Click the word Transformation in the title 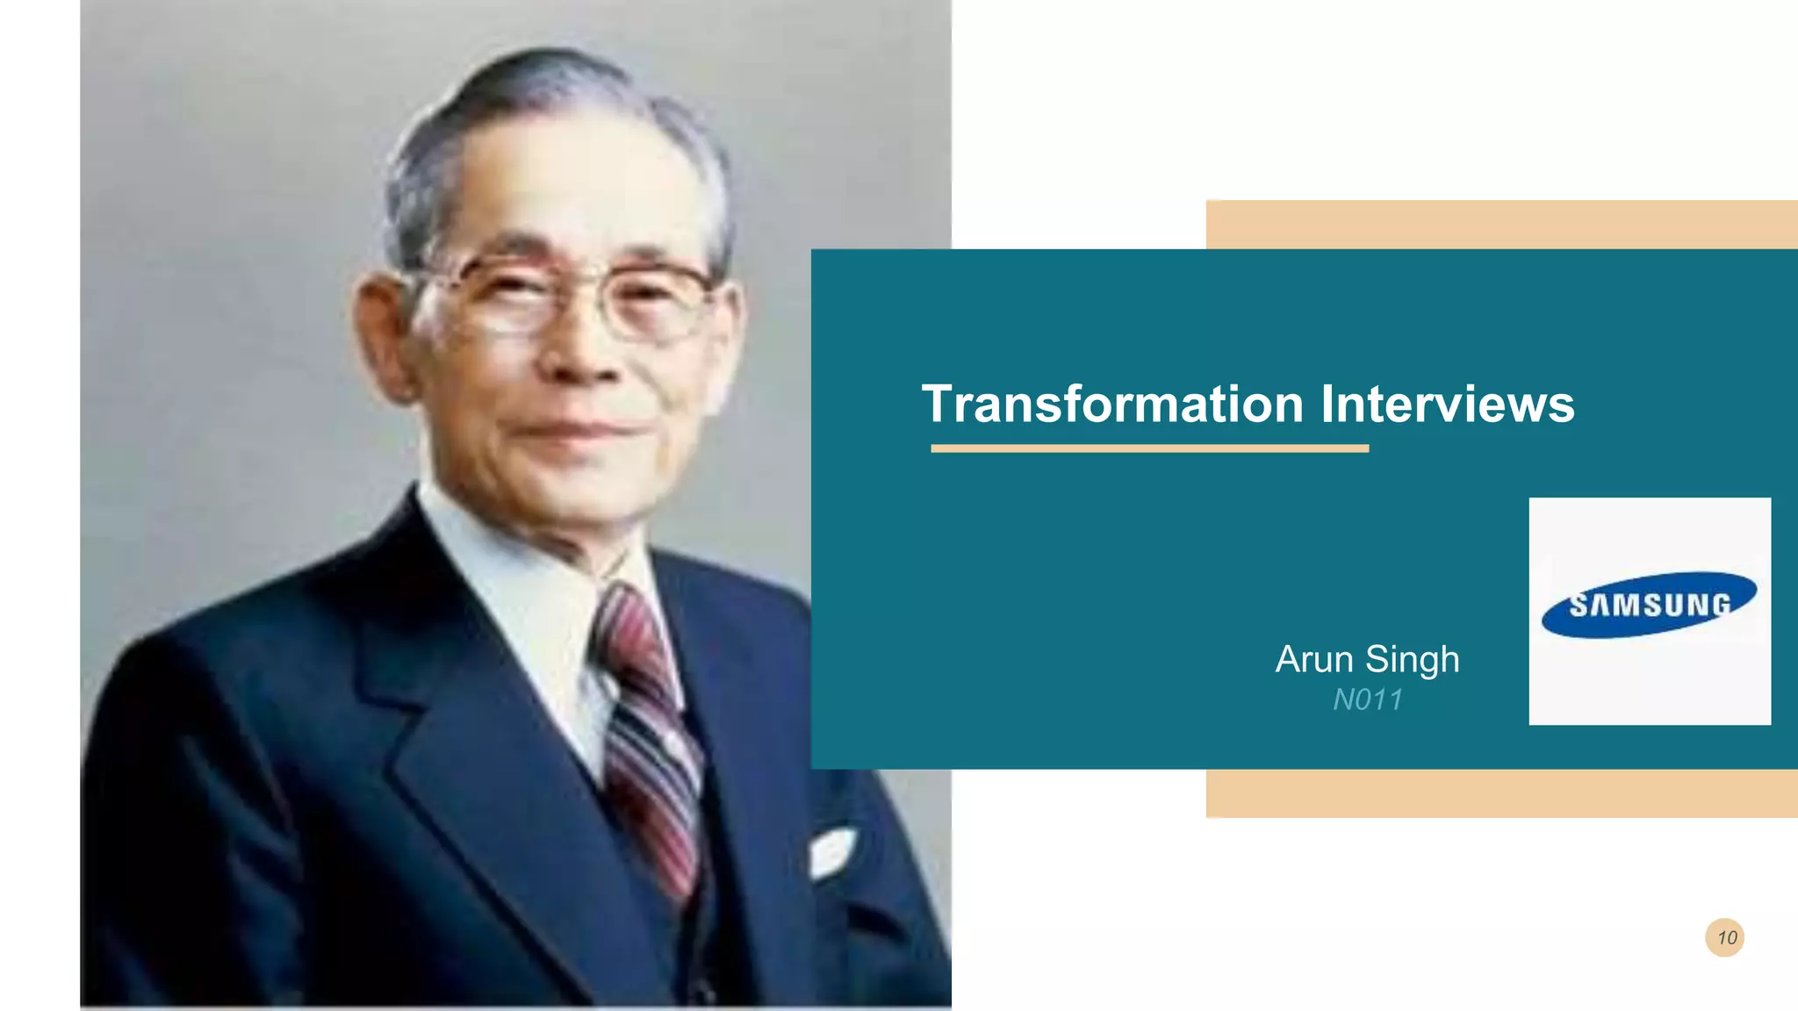[1112, 405]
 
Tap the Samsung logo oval [1649, 605]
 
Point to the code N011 [1367, 699]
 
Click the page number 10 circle [1724, 937]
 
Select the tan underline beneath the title [1149, 448]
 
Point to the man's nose [584, 351]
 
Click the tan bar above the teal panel [1501, 224]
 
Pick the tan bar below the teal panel [1501, 793]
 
